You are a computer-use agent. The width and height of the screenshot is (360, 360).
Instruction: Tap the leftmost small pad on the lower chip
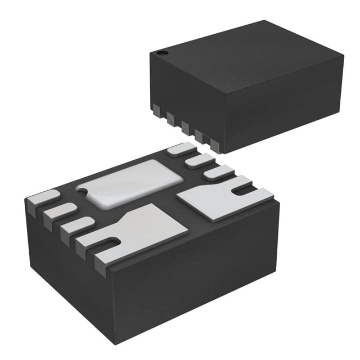[x=42, y=197]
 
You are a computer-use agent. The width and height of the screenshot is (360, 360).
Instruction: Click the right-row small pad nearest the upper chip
[x=181, y=149]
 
